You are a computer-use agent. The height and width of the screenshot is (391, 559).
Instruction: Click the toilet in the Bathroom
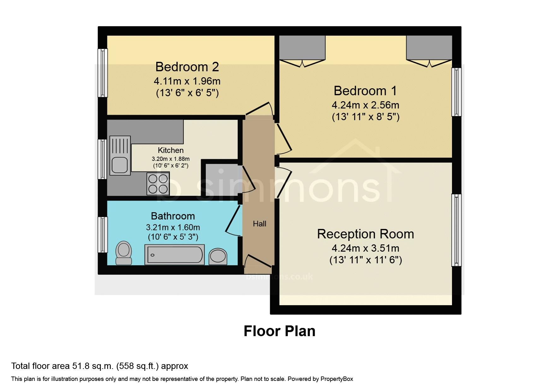[124, 253]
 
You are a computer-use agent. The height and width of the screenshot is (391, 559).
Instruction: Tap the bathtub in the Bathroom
[175, 254]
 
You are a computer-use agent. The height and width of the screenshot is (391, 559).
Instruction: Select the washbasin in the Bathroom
[218, 256]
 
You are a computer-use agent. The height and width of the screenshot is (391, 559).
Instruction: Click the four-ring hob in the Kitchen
[158, 184]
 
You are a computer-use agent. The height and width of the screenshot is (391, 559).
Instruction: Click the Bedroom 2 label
[187, 67]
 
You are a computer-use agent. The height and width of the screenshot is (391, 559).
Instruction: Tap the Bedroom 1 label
[365, 91]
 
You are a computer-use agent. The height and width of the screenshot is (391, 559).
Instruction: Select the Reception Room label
[366, 234]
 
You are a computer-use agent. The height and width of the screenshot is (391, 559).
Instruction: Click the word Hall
[259, 224]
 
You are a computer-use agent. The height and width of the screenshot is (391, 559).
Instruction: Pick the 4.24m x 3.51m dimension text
[366, 248]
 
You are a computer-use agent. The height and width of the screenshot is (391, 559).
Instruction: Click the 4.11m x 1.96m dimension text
[187, 81]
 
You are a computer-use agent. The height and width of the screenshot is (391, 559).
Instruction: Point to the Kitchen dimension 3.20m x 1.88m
[171, 159]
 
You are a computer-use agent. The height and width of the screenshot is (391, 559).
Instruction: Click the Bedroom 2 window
[102, 73]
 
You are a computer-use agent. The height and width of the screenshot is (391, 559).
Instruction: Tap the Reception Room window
[456, 230]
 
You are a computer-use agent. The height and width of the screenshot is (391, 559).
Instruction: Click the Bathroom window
[102, 235]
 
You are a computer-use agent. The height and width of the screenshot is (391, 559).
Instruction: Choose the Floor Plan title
[280, 331]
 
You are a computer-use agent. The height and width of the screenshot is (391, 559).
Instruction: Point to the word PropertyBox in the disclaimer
[337, 379]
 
